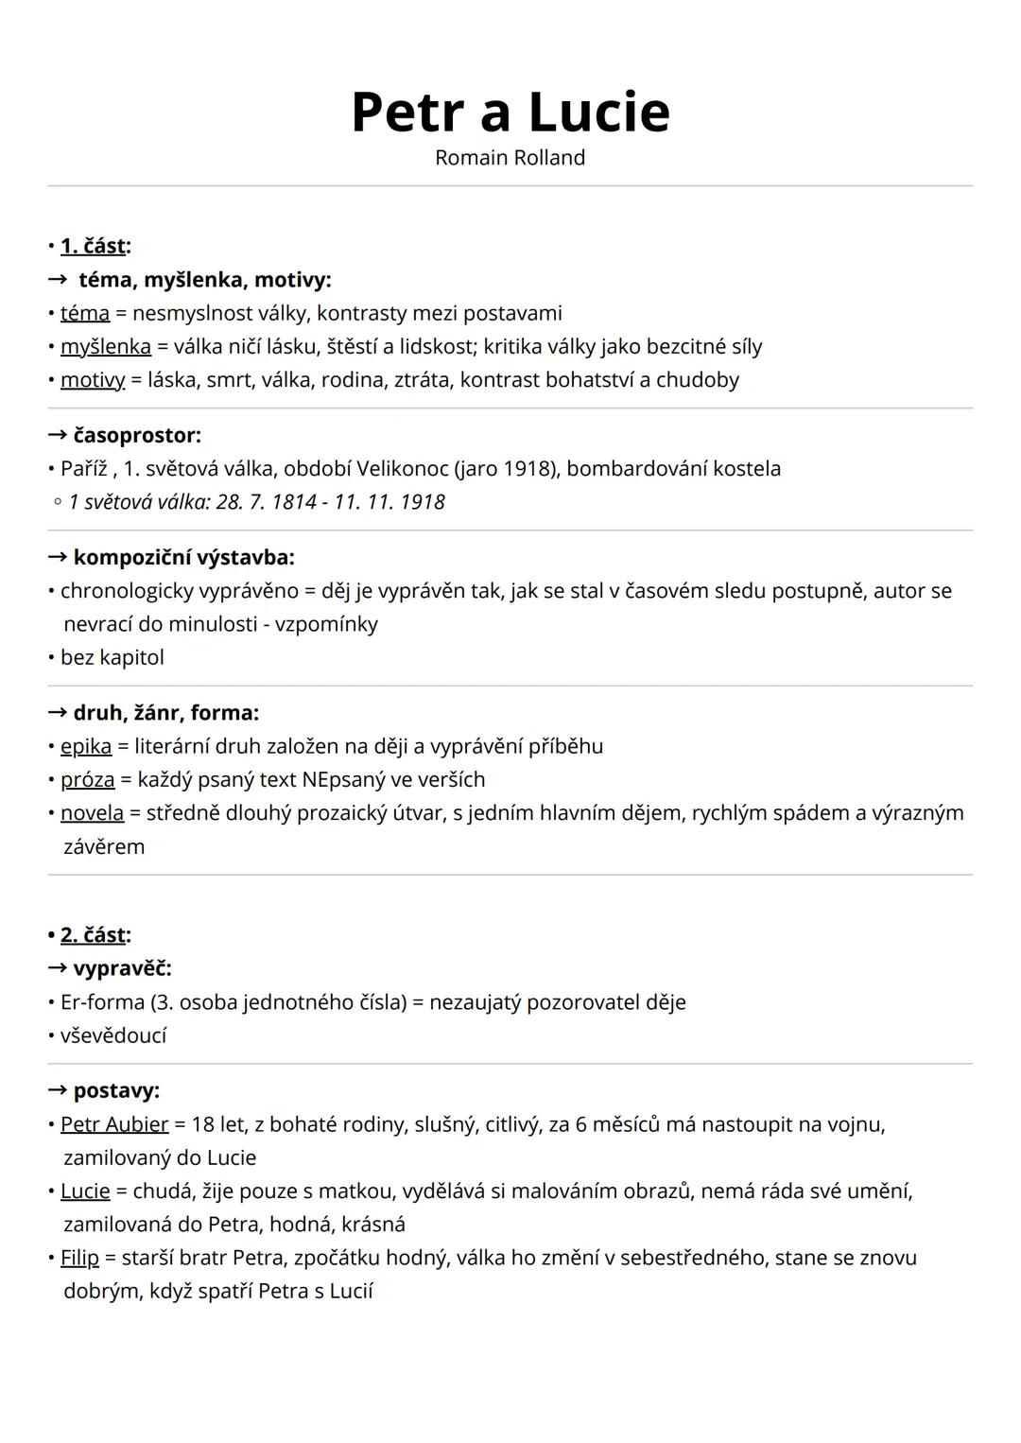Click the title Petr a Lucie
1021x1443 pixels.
pyautogui.click(x=510, y=112)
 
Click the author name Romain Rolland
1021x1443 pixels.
pyautogui.click(x=510, y=158)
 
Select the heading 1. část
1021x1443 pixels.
pyautogui.click(x=93, y=246)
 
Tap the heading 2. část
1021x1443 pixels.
pyautogui.click(x=93, y=935)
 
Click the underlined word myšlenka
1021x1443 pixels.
pyautogui.click(x=106, y=347)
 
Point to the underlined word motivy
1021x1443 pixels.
pyautogui.click(x=93, y=380)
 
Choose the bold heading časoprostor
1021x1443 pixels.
pyautogui.click(x=137, y=436)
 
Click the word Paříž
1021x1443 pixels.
pyautogui.click(x=84, y=469)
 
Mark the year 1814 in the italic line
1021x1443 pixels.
pyautogui.click(x=294, y=502)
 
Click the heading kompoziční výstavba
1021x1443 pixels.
pyautogui.click(x=183, y=558)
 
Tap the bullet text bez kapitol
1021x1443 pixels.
pyautogui.click(x=112, y=657)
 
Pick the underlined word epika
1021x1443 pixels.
pyautogui.click(x=86, y=746)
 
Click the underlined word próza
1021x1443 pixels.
pyautogui.click(x=88, y=780)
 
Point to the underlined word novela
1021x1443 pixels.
pyautogui.click(x=92, y=813)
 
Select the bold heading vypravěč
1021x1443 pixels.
pyautogui.click(x=122, y=968)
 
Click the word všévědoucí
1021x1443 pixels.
pyautogui.click(x=113, y=1035)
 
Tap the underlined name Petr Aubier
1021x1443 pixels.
pyautogui.click(x=114, y=1124)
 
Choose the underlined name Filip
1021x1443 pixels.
pyautogui.click(x=79, y=1258)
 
